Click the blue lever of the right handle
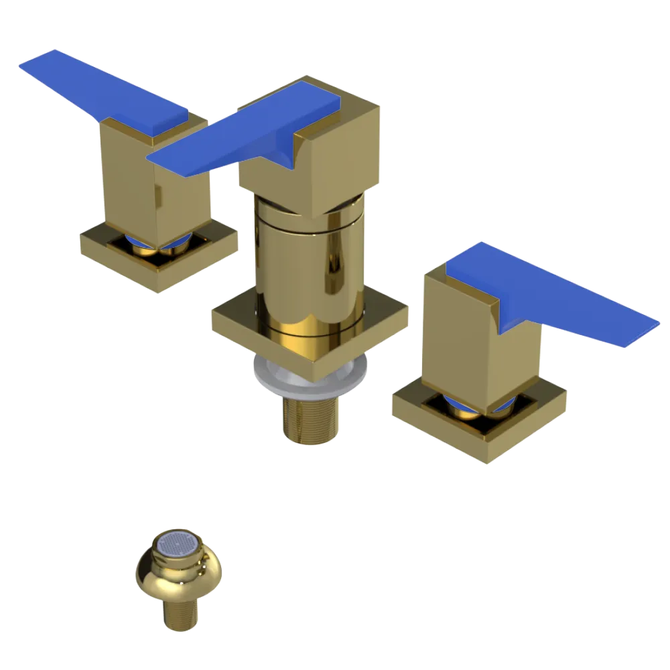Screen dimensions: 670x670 [549, 295]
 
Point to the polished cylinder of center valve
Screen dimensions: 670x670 [308, 268]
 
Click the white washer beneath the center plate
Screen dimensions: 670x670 [268, 375]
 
